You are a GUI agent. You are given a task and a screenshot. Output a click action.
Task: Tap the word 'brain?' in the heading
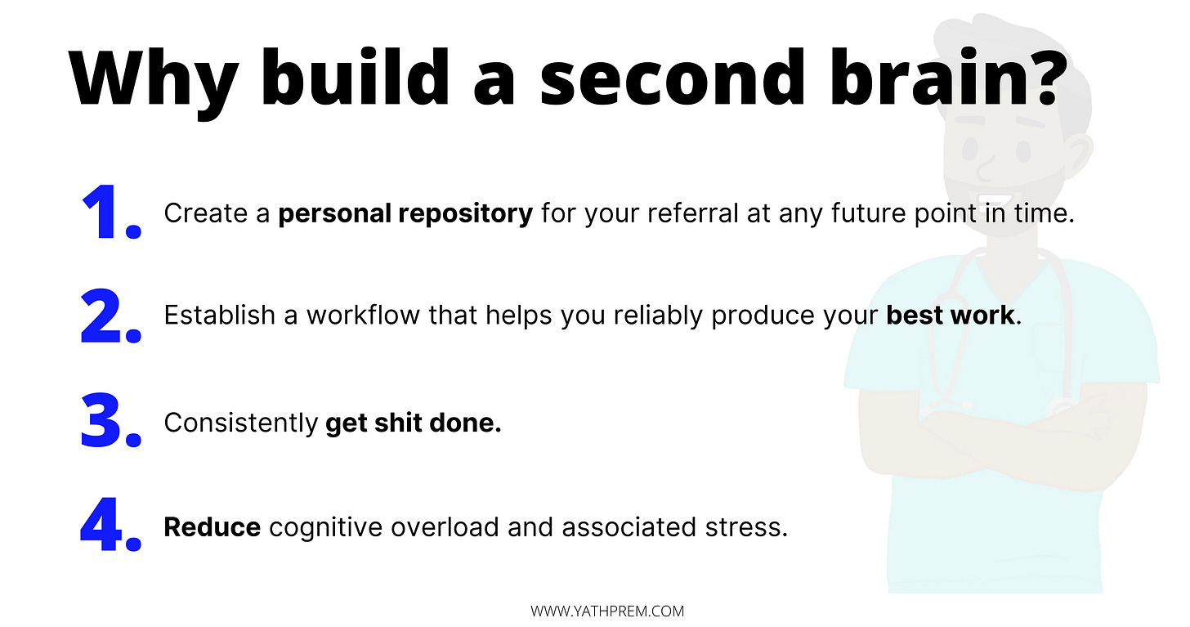pyautogui.click(x=949, y=77)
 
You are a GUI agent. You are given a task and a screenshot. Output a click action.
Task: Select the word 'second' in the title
pyautogui.click(x=673, y=77)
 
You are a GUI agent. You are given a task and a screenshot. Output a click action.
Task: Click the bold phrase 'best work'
pyautogui.click(x=950, y=315)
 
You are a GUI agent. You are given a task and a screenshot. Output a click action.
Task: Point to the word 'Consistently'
pyautogui.click(x=240, y=423)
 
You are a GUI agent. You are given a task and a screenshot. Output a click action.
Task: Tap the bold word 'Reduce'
pyautogui.click(x=212, y=527)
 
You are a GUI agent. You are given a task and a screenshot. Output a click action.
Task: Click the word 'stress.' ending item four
pyautogui.click(x=746, y=527)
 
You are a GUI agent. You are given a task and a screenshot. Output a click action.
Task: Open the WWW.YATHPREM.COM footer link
pyautogui.click(x=607, y=611)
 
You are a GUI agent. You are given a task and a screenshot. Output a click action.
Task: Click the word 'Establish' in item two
pyautogui.click(x=219, y=315)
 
